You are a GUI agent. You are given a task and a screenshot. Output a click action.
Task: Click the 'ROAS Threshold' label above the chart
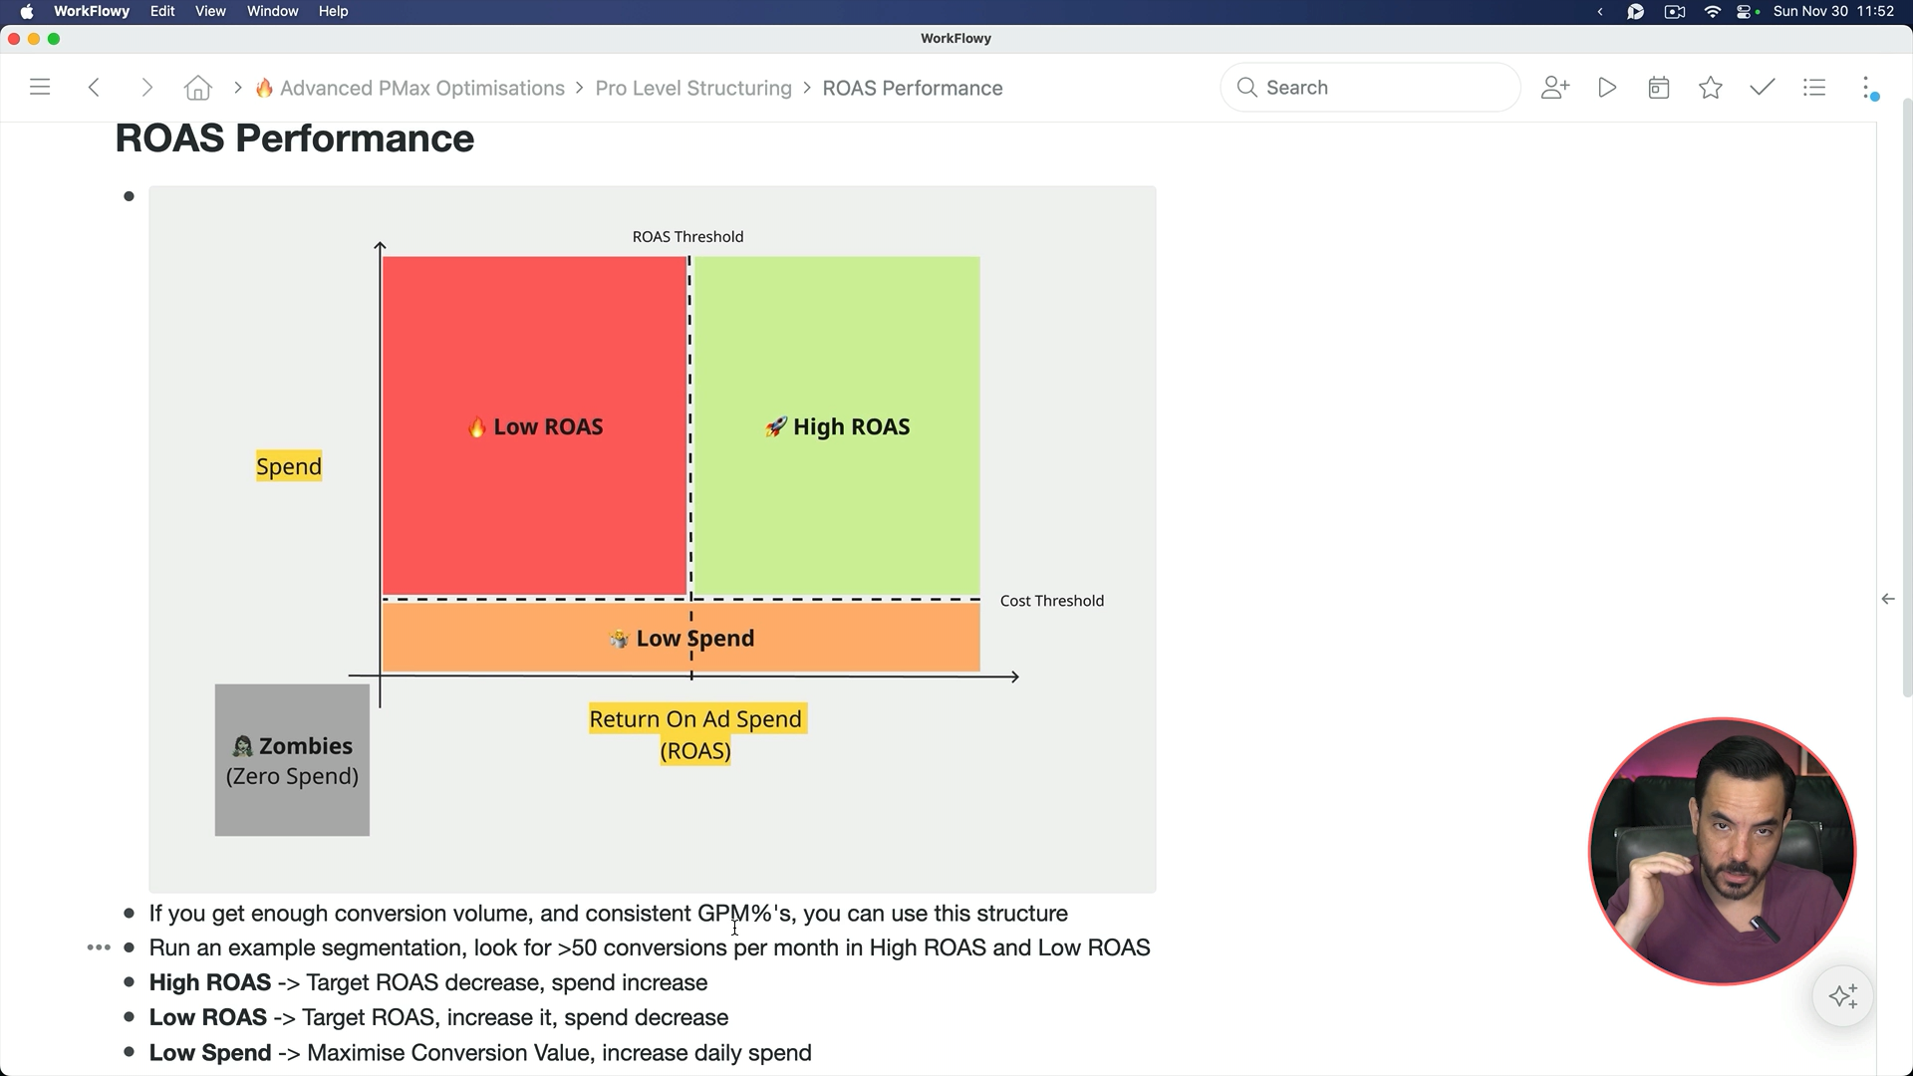(687, 237)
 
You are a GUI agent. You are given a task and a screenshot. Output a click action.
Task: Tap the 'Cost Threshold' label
(1051, 601)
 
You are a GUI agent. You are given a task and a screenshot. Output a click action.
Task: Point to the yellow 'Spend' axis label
(289, 466)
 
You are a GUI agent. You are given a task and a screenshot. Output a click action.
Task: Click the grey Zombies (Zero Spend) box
(292, 760)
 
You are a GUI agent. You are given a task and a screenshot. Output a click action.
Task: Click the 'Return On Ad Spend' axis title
(695, 720)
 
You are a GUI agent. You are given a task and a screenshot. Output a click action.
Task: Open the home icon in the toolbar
(198, 88)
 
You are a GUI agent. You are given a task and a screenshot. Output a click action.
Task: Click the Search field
(1370, 88)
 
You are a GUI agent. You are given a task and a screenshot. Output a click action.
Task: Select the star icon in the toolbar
(1711, 88)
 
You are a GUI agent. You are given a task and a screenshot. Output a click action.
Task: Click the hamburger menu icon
(40, 88)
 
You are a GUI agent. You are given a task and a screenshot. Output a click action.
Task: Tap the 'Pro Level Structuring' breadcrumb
(693, 88)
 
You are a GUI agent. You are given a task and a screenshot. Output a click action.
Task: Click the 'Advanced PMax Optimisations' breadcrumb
(421, 88)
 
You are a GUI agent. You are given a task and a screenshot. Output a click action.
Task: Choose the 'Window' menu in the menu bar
(272, 11)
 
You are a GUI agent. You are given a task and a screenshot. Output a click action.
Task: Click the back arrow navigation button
(94, 88)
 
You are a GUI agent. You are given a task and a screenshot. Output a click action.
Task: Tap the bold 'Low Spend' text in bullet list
(210, 1053)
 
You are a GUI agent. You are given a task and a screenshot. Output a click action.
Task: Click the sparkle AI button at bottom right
(1843, 996)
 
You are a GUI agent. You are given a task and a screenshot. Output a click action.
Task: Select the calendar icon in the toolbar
(1659, 88)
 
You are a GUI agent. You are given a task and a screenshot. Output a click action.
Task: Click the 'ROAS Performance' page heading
(295, 138)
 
